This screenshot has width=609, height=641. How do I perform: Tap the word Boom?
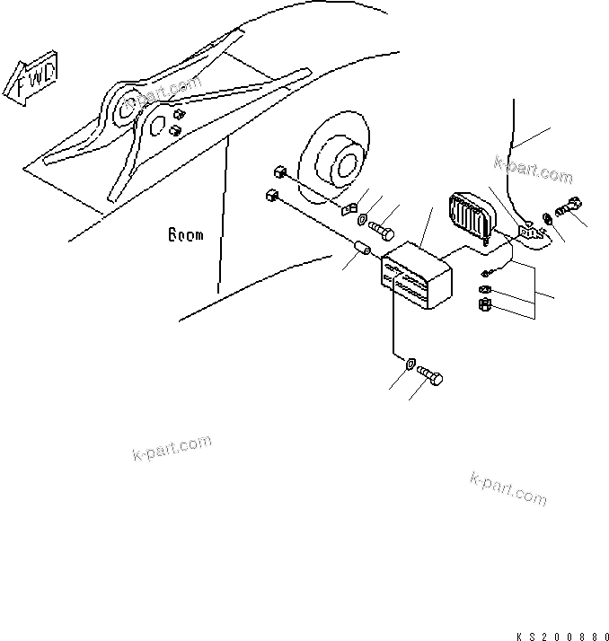click(185, 236)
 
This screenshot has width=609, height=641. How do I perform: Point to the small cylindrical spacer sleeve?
click(365, 247)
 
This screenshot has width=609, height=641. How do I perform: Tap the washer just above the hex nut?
click(483, 290)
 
